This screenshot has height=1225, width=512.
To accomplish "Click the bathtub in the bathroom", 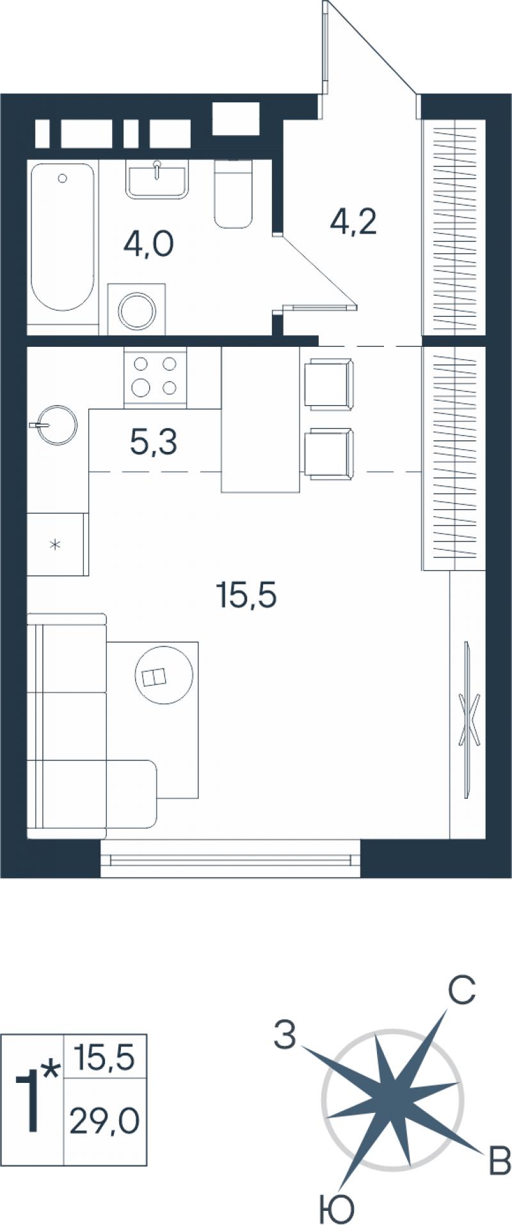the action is click(63, 237).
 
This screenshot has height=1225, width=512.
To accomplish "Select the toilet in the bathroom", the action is click(234, 193).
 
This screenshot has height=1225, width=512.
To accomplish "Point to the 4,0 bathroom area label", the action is click(149, 244).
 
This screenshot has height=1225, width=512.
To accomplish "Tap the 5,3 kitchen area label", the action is click(154, 442).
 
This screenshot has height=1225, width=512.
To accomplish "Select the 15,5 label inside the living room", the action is click(247, 596).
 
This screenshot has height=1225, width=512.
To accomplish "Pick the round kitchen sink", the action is click(56, 424).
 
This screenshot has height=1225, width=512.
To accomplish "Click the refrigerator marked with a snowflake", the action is click(56, 545).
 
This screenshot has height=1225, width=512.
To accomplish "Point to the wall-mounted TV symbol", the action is click(468, 720).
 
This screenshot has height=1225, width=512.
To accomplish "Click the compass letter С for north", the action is click(461, 990).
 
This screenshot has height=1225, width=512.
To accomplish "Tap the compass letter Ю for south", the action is click(337, 1209).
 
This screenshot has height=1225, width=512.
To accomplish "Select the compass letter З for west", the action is click(285, 1035).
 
